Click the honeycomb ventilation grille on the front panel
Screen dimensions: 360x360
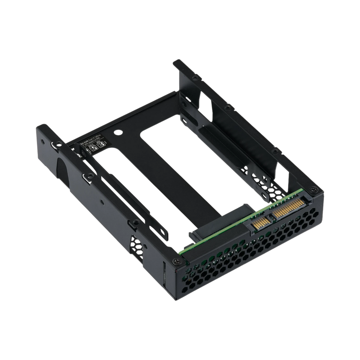point(251,260)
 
